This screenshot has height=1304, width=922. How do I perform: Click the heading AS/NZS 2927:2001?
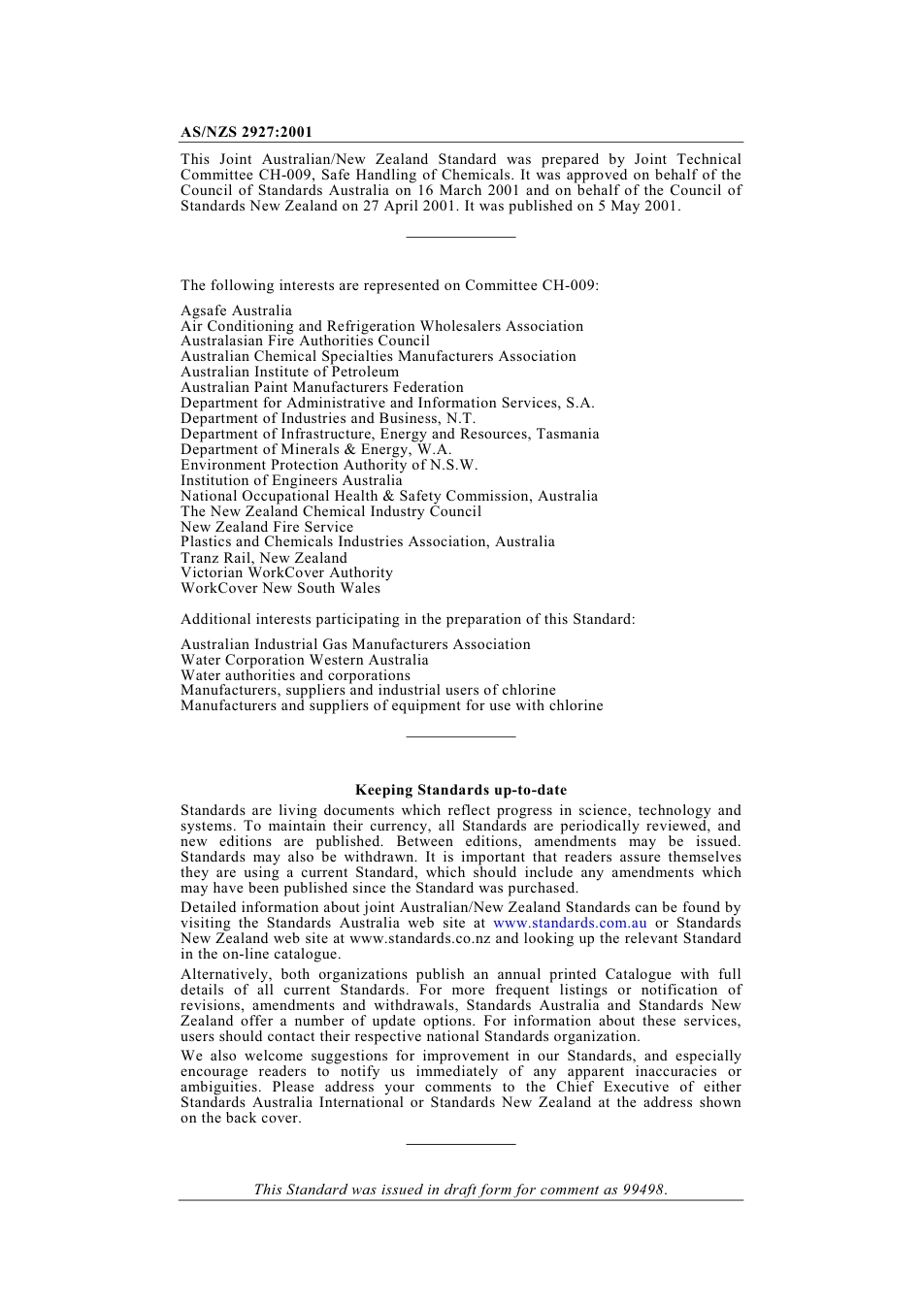click(x=247, y=132)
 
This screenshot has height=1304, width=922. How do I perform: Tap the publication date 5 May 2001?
click(x=644, y=206)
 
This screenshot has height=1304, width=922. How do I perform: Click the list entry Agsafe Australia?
click(x=236, y=310)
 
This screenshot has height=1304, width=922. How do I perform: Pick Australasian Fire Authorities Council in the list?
click(x=305, y=341)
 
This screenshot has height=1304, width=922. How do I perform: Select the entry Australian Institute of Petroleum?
click(x=289, y=372)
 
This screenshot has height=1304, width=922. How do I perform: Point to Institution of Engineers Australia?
click(x=291, y=480)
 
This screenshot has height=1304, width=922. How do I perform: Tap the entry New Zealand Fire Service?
click(x=267, y=527)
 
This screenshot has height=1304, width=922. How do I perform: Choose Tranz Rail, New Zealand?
click(x=263, y=558)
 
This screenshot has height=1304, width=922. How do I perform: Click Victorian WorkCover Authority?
click(x=286, y=572)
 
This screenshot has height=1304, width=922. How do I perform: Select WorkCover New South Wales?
click(x=280, y=588)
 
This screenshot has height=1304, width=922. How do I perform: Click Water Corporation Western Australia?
click(x=304, y=660)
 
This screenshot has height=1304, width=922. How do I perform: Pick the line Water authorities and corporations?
click(x=295, y=675)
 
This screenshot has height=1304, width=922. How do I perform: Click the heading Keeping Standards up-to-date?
click(x=461, y=790)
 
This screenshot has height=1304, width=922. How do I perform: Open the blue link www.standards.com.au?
click(x=570, y=923)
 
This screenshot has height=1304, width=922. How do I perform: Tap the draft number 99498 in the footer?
click(x=643, y=1190)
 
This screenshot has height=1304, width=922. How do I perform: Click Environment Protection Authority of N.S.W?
click(x=329, y=465)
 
